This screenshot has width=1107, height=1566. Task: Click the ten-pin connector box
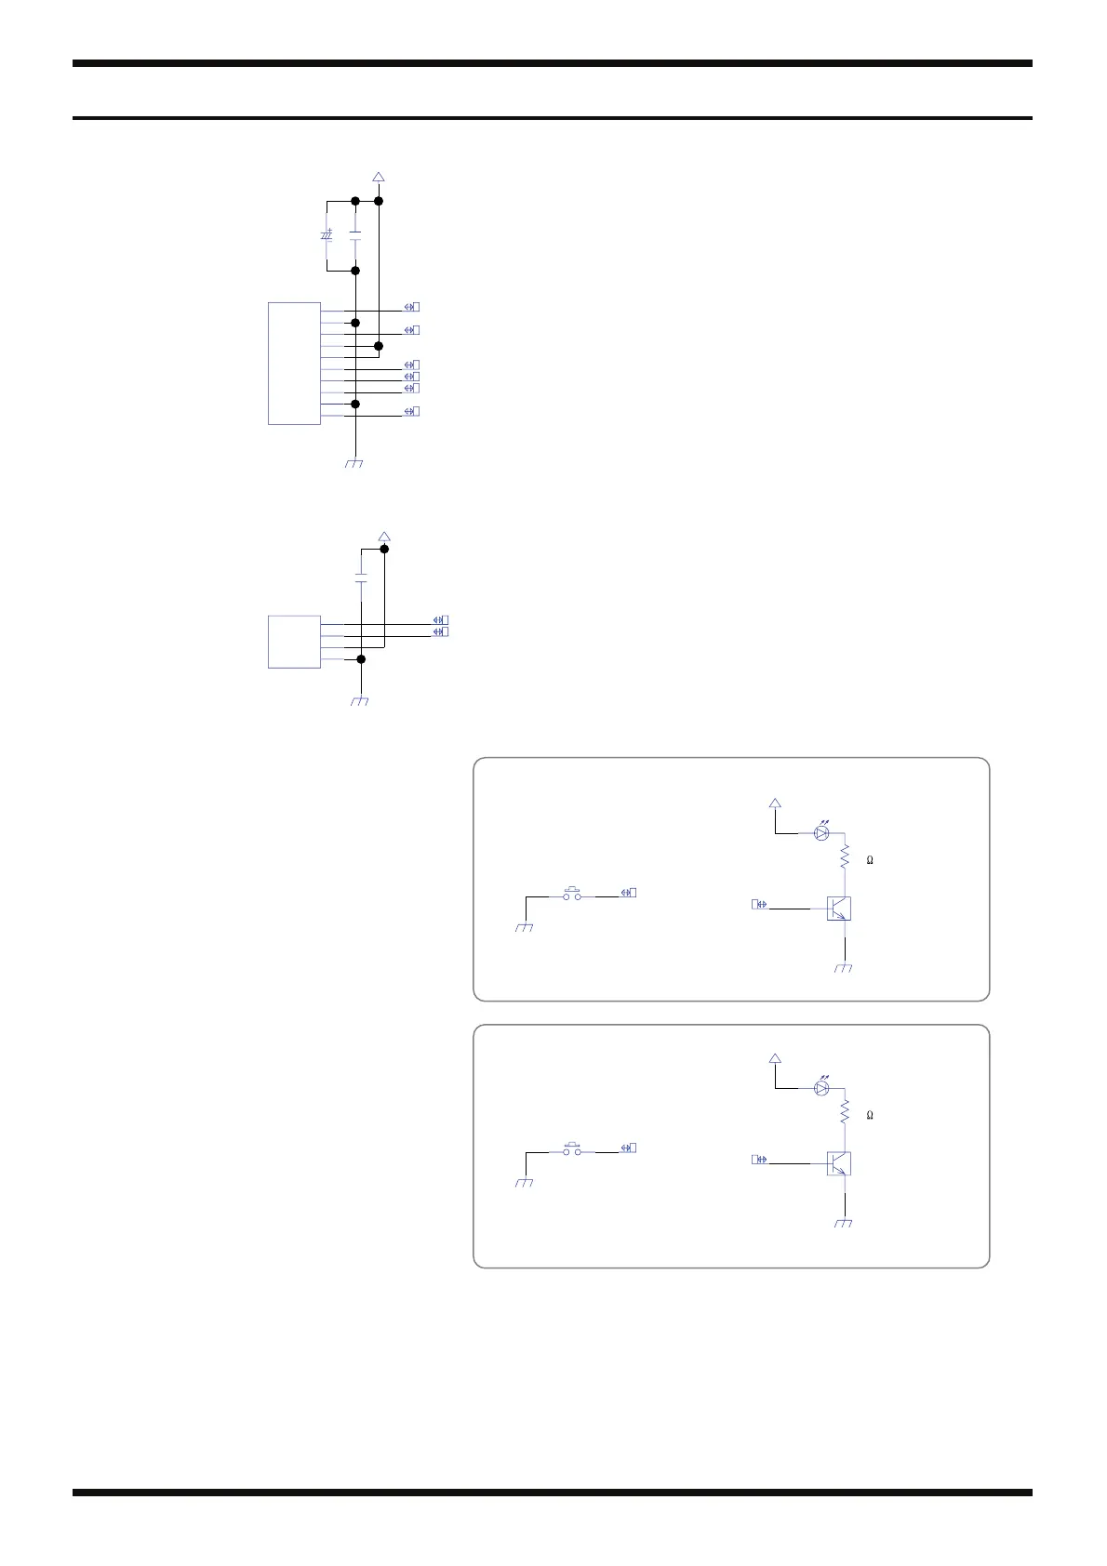click(294, 364)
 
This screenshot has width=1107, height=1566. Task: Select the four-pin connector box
click(294, 642)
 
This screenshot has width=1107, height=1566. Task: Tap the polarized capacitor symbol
click(327, 235)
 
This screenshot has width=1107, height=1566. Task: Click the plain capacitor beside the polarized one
click(355, 235)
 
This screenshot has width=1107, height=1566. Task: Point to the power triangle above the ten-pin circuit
click(379, 177)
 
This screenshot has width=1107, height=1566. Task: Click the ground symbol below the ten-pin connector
click(353, 463)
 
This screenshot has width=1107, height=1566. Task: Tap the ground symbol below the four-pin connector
click(360, 701)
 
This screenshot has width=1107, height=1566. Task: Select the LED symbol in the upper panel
click(821, 833)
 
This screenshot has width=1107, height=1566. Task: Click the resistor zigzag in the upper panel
click(845, 856)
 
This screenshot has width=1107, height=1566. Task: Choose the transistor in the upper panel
click(839, 908)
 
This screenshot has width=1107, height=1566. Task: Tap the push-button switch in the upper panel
click(573, 893)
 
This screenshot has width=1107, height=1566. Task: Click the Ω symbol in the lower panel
click(870, 1115)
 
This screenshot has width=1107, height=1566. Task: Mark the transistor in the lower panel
click(839, 1163)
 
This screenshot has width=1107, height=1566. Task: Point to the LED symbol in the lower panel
click(821, 1088)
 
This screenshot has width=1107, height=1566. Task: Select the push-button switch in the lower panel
click(573, 1148)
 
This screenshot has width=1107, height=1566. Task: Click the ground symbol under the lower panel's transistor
click(844, 1224)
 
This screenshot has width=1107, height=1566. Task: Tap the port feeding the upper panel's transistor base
click(759, 904)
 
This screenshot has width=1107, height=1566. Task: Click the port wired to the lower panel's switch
click(630, 1148)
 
